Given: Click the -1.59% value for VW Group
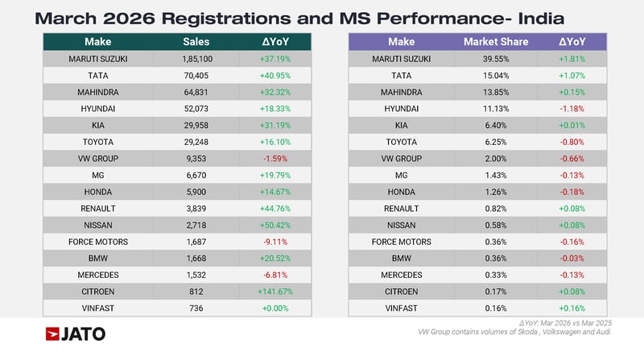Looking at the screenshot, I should point(274,159).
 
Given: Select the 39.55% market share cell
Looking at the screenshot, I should point(493,59).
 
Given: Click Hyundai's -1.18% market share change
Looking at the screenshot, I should point(572,109).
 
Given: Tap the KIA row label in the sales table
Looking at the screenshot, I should point(97,126).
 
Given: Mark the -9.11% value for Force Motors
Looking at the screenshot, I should point(274,242).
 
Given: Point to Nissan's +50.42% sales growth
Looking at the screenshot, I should point(274,225).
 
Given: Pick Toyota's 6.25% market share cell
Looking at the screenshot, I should point(493,142).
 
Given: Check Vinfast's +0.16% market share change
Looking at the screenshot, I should point(572,308).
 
